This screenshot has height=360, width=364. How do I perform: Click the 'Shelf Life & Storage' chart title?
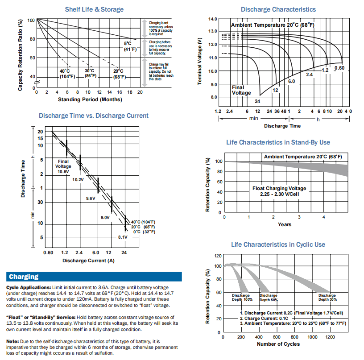94,9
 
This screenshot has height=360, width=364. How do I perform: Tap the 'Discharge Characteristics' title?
278,9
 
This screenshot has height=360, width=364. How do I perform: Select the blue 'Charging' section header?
24,277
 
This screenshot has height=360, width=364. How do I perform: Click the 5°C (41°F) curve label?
129,46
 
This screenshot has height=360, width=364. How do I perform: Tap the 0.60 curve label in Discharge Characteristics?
339,68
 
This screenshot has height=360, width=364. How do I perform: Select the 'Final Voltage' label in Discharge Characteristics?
241,90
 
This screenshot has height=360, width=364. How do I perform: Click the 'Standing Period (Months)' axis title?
90,99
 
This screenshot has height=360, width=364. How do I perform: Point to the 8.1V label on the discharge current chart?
123,237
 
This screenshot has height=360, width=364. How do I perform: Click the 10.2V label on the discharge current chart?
78,179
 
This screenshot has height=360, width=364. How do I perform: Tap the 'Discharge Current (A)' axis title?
88,260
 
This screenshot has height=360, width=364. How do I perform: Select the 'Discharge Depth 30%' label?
327,298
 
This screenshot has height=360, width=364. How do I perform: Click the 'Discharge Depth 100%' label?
242,298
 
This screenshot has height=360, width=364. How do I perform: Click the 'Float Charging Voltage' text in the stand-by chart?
279,189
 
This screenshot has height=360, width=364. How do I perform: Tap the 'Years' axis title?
284,224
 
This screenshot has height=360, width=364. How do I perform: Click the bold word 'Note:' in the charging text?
12,341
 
